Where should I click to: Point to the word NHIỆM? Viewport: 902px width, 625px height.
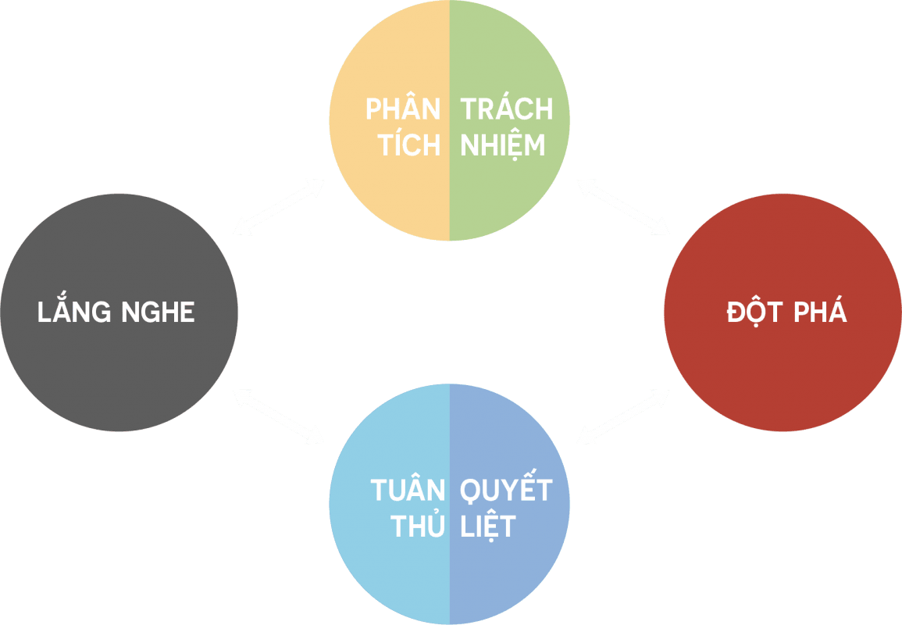(502, 143)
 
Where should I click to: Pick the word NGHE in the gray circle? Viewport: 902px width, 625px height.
(159, 312)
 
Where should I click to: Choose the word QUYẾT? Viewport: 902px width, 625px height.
(506, 486)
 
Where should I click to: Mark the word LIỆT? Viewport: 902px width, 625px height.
(488, 523)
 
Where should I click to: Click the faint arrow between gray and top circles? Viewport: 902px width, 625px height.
(279, 207)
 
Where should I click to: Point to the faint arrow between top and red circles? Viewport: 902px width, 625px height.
(623, 207)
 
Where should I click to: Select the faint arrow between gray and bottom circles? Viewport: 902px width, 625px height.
(279, 416)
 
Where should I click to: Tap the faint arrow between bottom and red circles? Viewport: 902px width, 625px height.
(623, 416)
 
